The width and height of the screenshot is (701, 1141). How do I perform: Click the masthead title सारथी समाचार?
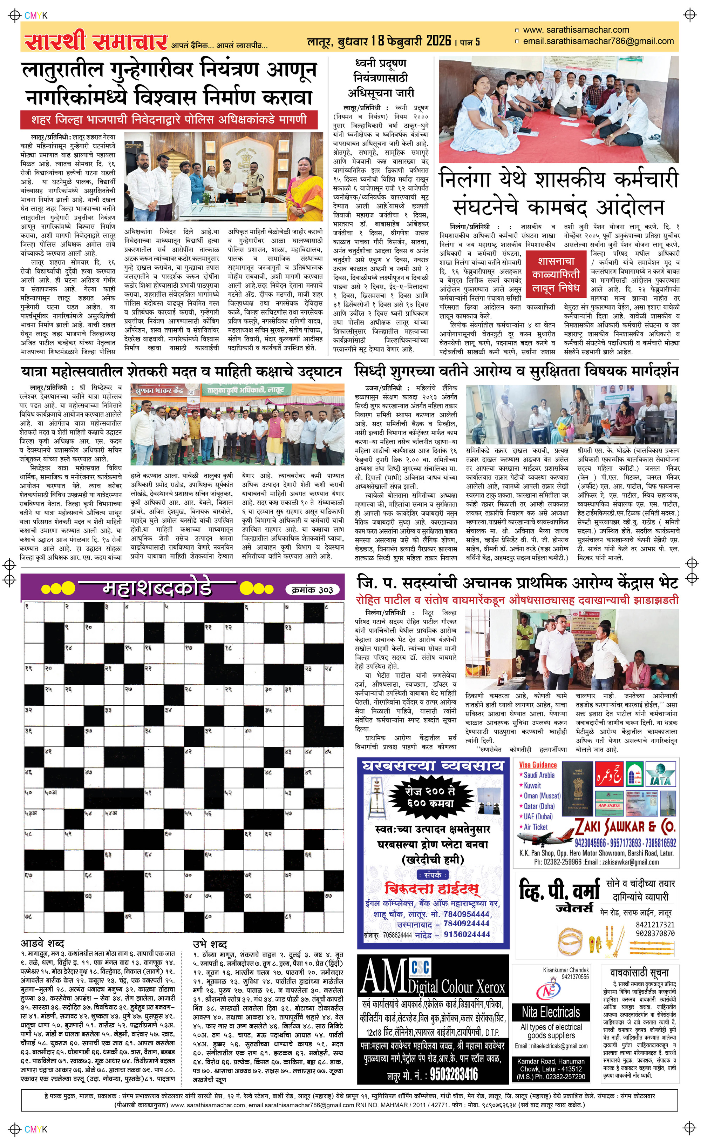point(95,41)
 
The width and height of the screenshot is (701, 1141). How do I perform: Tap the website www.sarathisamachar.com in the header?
point(576,30)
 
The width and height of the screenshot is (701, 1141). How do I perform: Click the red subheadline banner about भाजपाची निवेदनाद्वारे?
point(169,120)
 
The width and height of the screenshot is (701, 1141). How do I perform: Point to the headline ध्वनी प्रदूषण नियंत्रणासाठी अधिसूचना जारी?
point(381,78)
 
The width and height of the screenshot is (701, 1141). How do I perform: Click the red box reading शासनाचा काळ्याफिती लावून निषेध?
point(556,275)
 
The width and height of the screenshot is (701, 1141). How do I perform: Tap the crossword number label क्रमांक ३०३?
point(313,590)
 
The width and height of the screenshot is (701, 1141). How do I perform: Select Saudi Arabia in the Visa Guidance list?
point(539,775)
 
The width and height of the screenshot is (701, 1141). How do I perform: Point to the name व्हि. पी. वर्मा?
point(559,892)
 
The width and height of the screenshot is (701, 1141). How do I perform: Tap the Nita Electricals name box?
point(551,1012)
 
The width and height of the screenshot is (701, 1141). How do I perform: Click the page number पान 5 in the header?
point(470,42)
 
